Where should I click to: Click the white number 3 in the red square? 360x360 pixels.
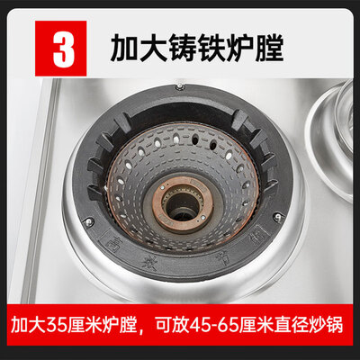[x=63, y=45]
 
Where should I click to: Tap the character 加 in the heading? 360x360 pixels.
[x=122, y=45]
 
